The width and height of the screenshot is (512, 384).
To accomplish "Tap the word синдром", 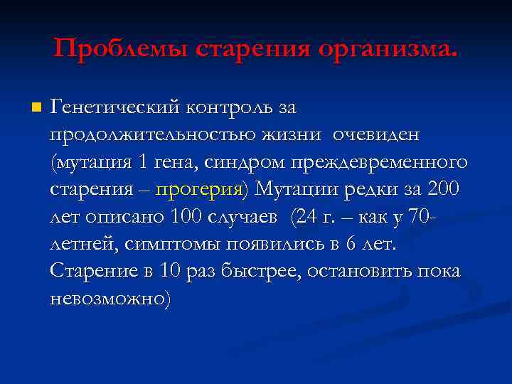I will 243,163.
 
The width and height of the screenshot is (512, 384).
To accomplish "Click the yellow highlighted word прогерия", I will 198,190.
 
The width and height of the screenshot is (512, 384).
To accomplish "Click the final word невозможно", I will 108,299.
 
